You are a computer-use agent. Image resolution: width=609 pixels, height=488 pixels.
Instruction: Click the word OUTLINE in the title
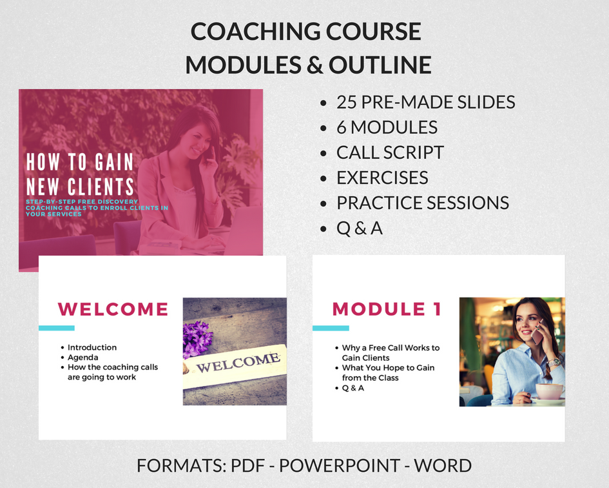[380, 65]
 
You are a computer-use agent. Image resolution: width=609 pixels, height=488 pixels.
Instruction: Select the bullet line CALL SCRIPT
[390, 152]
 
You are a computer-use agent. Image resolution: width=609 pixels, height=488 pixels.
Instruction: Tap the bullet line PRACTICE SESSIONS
[423, 203]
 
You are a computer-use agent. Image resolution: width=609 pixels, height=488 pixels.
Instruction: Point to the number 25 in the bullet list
[346, 102]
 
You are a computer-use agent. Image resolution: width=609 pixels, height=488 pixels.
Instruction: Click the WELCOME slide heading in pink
[113, 309]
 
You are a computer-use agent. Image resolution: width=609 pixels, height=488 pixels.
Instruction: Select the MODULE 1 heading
[387, 309]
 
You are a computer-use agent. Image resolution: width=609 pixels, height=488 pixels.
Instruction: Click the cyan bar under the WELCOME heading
[57, 328]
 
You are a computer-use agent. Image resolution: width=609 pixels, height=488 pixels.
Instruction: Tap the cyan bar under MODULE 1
[331, 328]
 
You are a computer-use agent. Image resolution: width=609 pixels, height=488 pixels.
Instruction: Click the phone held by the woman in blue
[537, 332]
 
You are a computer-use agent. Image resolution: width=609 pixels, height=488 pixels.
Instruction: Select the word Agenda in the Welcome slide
[82, 357]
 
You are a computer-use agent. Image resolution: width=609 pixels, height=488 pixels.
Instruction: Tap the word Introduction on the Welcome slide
[92, 347]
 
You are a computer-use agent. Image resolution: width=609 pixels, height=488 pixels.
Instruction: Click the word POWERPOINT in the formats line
[340, 465]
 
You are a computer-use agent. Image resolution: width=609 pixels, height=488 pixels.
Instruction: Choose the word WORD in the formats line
[443, 465]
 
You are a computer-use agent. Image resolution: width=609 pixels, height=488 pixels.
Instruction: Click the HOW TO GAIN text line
[80, 162]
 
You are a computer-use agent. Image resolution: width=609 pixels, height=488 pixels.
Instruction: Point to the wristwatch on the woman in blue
[554, 362]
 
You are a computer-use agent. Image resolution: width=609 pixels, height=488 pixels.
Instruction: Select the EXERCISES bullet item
[382, 178]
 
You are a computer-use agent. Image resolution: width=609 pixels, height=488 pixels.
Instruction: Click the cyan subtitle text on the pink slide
[97, 208]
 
